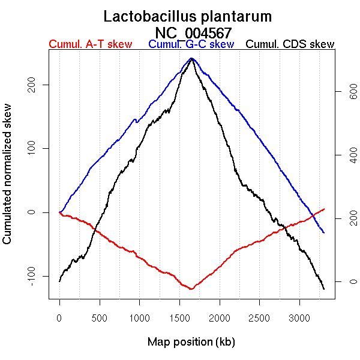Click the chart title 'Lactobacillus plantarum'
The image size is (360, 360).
coord(188,16)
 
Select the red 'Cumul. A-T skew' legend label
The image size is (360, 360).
coord(90,44)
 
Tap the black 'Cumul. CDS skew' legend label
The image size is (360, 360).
coord(290,44)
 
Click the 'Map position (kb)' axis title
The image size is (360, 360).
coord(191,342)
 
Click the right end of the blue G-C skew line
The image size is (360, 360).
coord(324,232)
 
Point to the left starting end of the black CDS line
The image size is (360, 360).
coord(59,281)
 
